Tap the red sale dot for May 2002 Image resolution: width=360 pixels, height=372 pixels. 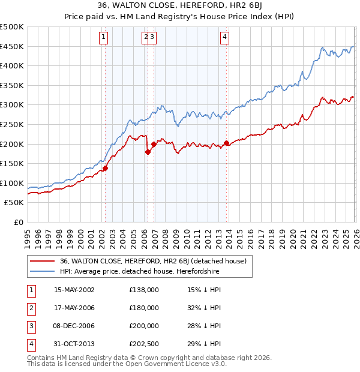(x=105, y=168)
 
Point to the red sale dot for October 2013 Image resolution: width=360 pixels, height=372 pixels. (x=226, y=143)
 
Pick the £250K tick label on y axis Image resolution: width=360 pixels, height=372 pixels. (x=12, y=124)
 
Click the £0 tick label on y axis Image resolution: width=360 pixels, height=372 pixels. (x=18, y=222)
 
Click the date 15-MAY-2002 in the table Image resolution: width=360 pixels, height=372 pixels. (x=74, y=290)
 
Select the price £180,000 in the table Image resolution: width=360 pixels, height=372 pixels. (x=144, y=308)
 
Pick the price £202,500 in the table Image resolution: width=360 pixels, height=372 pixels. (x=144, y=344)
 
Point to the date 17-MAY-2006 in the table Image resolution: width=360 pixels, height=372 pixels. (x=74, y=308)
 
